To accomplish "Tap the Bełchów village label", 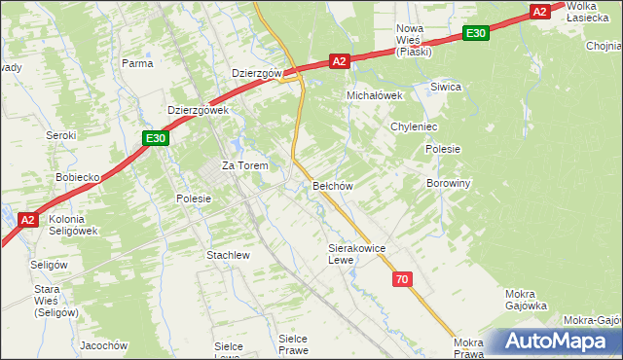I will point(332,185).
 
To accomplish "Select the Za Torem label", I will point(244,165).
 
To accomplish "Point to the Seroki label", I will point(61,135).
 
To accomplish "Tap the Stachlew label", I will point(229,255).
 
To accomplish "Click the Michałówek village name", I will point(376,95).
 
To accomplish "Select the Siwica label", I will point(445,87).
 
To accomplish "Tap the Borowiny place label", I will point(449,183).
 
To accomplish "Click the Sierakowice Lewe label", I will point(357,254).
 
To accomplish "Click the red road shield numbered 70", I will point(402,280).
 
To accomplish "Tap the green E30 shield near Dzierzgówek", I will point(156,139).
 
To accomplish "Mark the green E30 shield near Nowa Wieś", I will point(475,33).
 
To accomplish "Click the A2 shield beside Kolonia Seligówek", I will point(28,221).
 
